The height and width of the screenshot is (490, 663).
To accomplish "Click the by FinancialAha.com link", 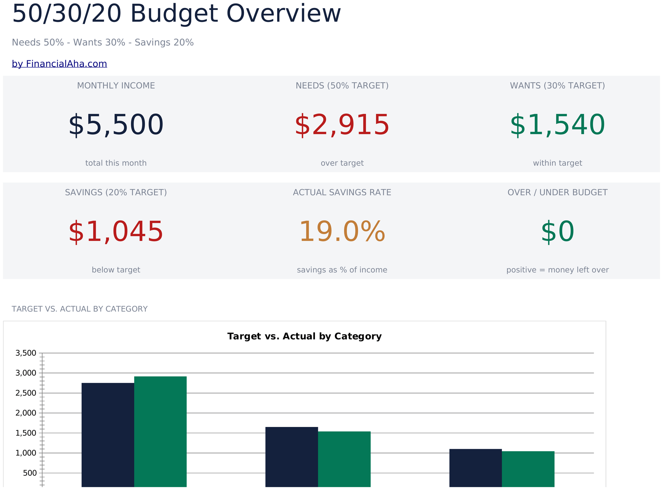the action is [x=59, y=64].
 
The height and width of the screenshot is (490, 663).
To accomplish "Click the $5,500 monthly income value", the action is [x=116, y=125].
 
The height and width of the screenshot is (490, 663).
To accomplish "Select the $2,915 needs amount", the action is [x=342, y=125].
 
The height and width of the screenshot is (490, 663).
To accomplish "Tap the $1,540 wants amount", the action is [x=558, y=125].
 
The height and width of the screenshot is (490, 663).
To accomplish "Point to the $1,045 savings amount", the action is [x=116, y=232].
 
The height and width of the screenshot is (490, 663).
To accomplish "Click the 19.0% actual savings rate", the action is [x=342, y=232].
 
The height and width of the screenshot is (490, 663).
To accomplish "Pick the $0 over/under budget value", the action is [x=558, y=232].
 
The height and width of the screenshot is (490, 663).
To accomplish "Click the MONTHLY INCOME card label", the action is [x=116, y=86].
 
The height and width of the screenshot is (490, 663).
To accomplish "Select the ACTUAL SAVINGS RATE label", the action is [x=342, y=192].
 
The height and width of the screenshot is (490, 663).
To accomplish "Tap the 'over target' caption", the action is [x=342, y=163].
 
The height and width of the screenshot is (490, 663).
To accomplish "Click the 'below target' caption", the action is [x=116, y=270].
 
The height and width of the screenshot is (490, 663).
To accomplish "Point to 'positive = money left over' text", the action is [x=558, y=270].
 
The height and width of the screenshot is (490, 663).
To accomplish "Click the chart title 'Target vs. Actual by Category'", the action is [x=304, y=336].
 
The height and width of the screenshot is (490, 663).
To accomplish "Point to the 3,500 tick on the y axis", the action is [x=26, y=353].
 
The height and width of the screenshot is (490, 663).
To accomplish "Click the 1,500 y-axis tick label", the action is [x=26, y=433].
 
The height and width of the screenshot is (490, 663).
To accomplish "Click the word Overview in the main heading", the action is [x=283, y=14].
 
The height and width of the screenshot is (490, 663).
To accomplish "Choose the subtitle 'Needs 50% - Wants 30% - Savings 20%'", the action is [x=103, y=42].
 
